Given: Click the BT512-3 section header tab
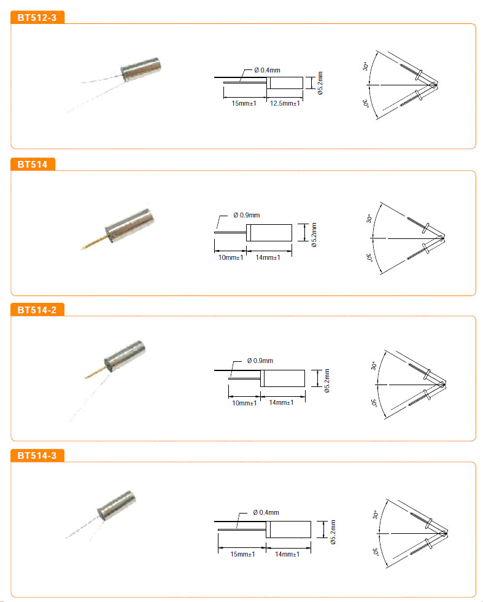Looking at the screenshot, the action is tap(37, 17).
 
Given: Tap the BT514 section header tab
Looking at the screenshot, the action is tap(33, 165).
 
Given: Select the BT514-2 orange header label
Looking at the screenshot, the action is tap(37, 310).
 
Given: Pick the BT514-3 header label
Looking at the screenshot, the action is tap(37, 456).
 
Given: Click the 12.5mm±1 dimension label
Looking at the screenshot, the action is tap(285, 103).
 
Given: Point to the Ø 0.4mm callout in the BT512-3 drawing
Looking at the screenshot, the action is tap(267, 70).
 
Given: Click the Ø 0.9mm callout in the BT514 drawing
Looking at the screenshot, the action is tap(246, 215).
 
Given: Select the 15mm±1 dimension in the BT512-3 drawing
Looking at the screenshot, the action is tap(244, 103).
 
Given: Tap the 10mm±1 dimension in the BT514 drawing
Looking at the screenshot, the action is tap(231, 257).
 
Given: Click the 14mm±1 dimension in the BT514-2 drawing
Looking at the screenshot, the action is tap(281, 402).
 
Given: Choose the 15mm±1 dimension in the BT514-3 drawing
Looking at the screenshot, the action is tap(242, 554).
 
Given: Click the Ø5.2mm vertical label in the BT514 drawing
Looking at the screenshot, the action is tap(314, 235).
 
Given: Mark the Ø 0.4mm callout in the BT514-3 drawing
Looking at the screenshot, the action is tap(266, 512).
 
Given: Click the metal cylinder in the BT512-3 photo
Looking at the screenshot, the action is tap(141, 69).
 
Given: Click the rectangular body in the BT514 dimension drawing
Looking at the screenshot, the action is tap(269, 233).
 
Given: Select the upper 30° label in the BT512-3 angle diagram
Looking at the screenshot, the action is tap(365, 66).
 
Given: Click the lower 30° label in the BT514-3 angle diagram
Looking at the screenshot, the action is tap(375, 552).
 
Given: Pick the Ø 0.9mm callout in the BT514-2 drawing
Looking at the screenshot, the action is tap(260, 361).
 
